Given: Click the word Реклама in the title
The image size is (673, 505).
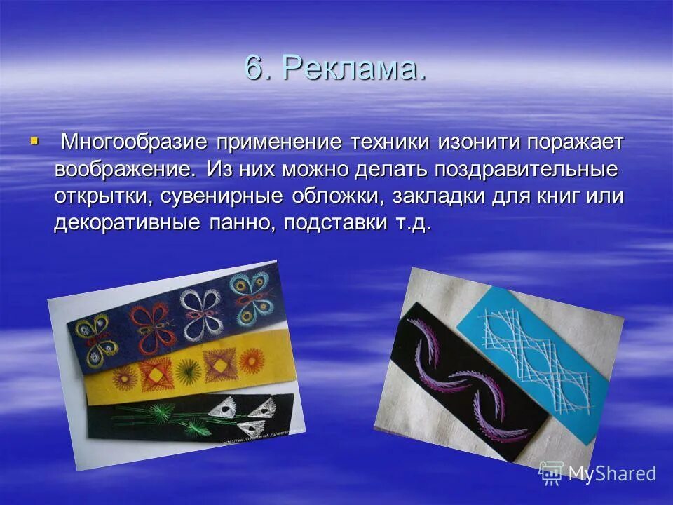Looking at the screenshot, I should pos(355,69).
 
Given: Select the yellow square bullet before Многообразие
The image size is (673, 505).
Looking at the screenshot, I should pos(33,141).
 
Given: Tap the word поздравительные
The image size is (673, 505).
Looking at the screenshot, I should pos(526,169).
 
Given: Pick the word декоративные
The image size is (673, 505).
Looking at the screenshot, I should pos(127,223).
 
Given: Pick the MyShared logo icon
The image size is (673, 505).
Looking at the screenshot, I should pos(551,473).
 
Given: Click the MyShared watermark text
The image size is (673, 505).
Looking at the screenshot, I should pos(611,473).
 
